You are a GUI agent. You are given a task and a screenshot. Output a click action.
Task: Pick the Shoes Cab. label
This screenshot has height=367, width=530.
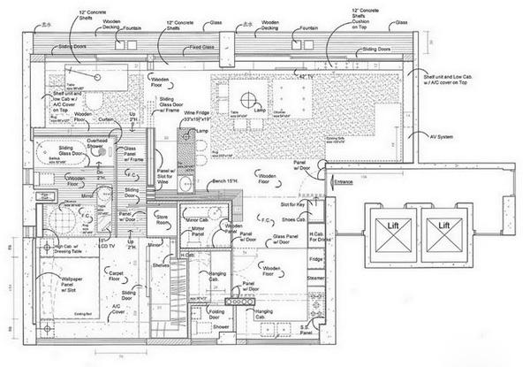tap(294, 220)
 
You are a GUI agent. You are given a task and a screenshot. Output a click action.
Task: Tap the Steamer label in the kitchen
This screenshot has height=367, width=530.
tap(315, 279)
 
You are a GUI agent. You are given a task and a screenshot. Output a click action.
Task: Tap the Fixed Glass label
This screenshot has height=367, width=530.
tap(201, 46)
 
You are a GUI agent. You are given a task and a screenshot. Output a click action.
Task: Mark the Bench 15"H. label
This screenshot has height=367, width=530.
tap(228, 181)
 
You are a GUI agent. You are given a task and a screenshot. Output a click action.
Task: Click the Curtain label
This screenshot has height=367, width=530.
tap(107, 120)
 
